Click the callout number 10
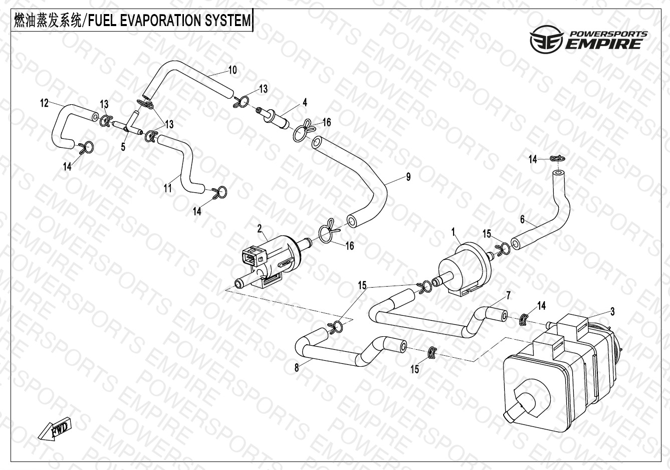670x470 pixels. [233, 70]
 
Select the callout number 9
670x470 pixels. [408, 176]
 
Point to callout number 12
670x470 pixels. [45, 103]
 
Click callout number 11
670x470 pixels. [168, 188]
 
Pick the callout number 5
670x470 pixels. [123, 147]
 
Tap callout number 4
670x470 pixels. [305, 103]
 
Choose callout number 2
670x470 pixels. [260, 229]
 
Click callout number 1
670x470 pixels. [454, 232]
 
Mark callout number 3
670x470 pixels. [612, 312]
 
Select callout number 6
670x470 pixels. [522, 219]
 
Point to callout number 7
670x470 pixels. [508, 295]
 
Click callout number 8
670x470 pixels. [297, 368]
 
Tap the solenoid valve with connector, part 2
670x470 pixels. [268, 261]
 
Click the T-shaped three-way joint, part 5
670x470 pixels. [131, 123]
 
